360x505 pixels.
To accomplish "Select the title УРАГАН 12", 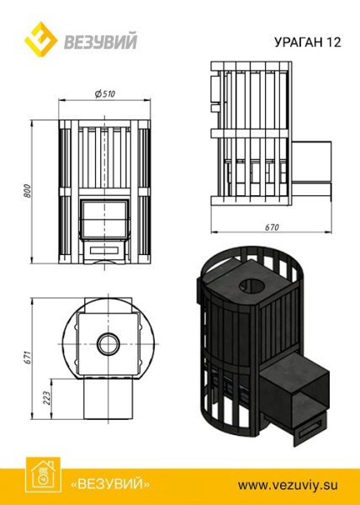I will [308, 42].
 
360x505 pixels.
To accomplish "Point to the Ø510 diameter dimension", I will [105, 93].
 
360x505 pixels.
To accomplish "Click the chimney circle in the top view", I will [107, 343].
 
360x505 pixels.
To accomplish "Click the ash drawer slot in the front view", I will [105, 250].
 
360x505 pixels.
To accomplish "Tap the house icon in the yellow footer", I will [39, 476].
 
